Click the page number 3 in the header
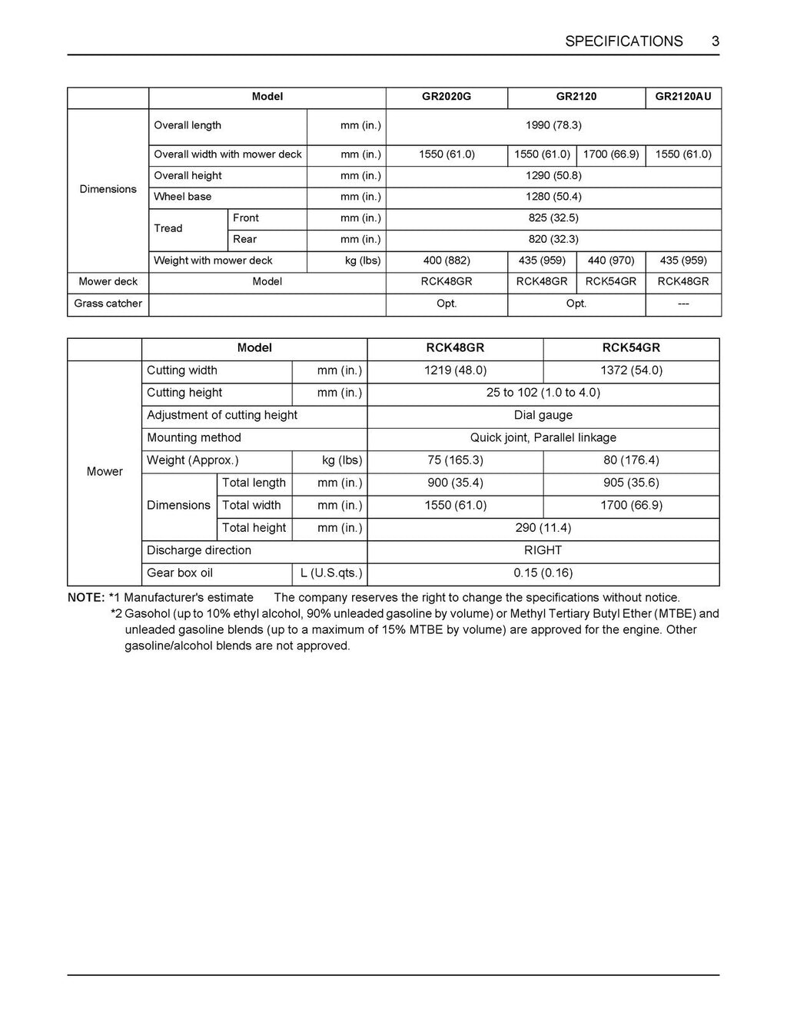715,41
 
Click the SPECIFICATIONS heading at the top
623,41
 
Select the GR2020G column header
447,97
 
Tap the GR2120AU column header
683,97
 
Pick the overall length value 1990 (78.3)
553,125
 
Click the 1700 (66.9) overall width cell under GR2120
611,154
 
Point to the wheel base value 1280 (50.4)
553,197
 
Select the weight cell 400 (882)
447,261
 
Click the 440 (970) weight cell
611,261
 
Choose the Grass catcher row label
108,304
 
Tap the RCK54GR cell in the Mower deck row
611,281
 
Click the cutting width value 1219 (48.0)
455,370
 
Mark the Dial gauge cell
543,415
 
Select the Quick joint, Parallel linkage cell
543,438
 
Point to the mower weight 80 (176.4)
631,460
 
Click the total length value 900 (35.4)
455,483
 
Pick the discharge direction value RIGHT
543,550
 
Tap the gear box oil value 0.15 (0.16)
543,573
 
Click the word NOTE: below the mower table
86,598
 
